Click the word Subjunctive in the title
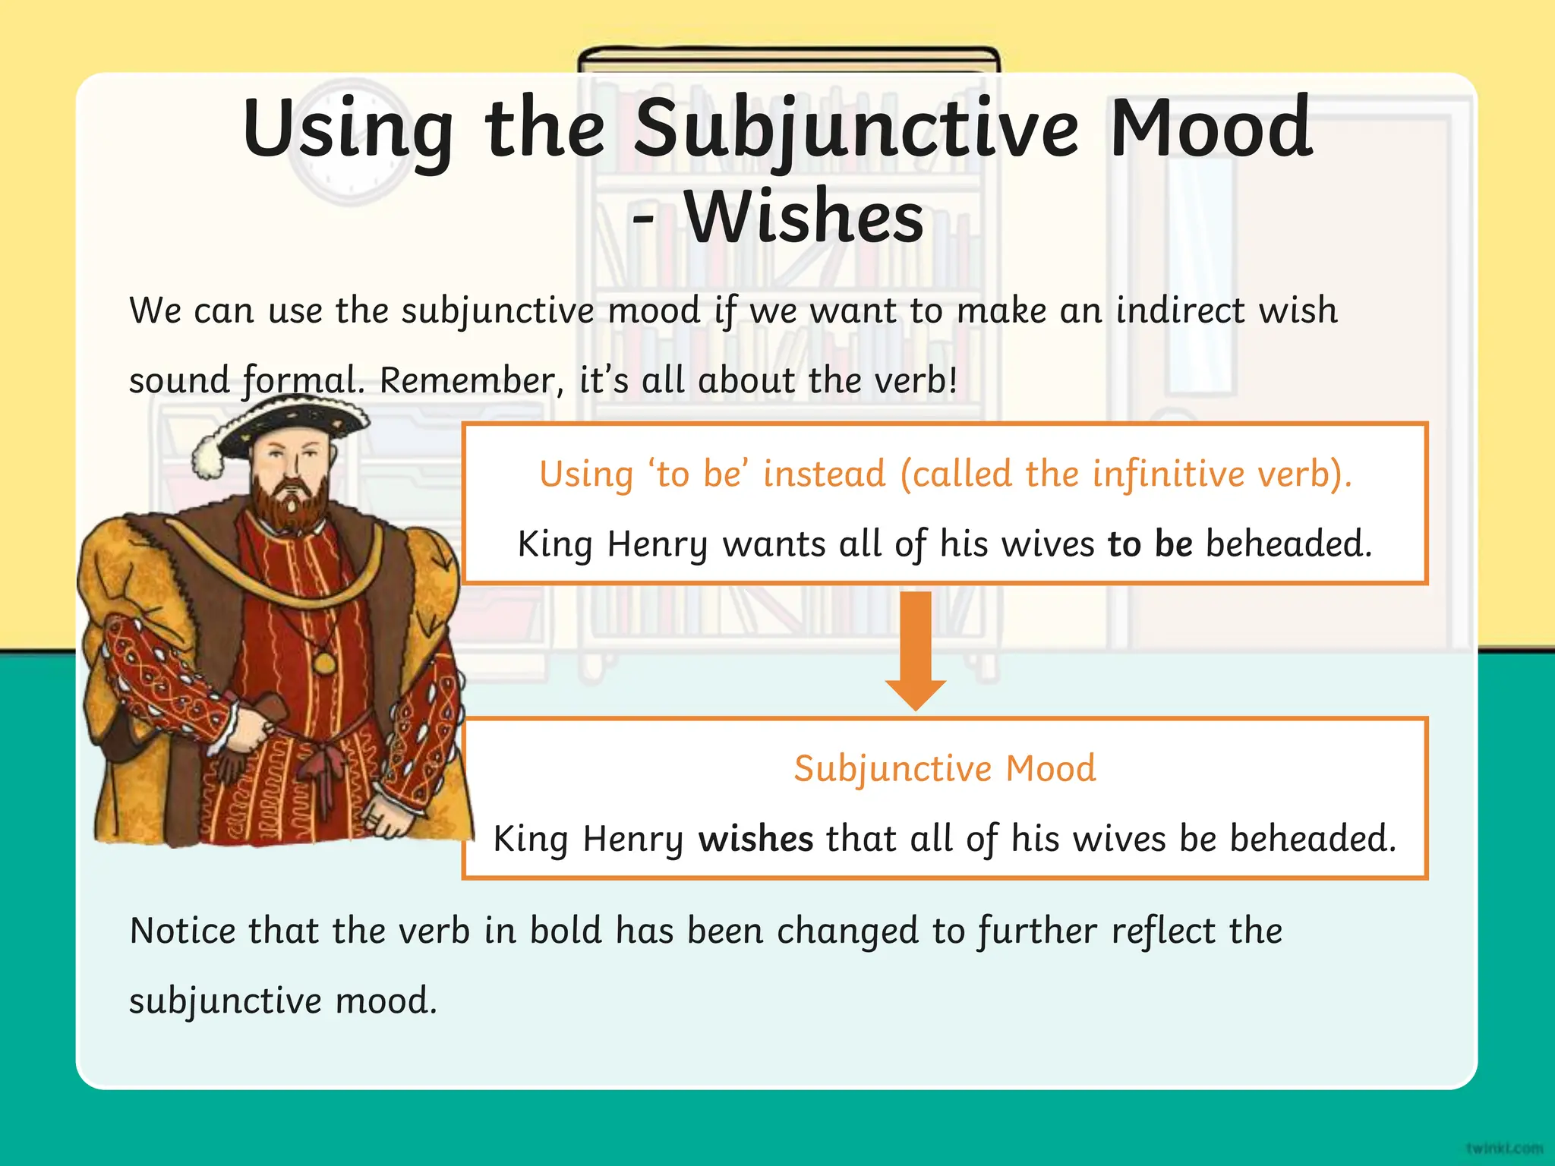pyautogui.click(x=856, y=129)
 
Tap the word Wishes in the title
pyautogui.click(x=805, y=219)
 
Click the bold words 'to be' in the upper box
pyautogui.click(x=1150, y=544)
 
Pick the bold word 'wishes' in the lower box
pyautogui.click(x=755, y=839)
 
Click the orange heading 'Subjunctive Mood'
pyautogui.click(x=945, y=768)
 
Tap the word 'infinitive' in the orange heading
pyautogui.click(x=1169, y=474)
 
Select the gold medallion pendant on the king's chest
pyautogui.click(x=324, y=663)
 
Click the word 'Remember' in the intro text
pyautogui.click(x=466, y=380)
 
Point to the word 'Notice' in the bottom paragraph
pyautogui.click(x=182, y=931)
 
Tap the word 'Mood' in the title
pyautogui.click(x=1210, y=129)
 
